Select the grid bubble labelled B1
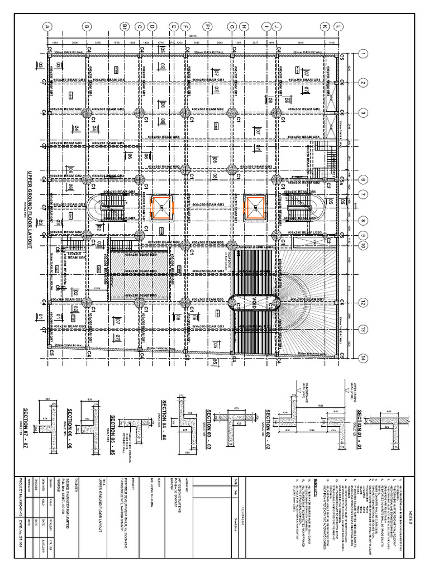125,26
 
